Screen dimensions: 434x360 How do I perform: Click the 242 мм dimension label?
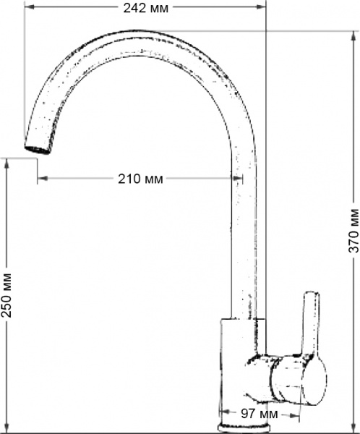click(145, 8)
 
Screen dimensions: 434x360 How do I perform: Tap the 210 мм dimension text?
click(140, 179)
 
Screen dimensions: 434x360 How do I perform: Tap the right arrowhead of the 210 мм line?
click(239, 179)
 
